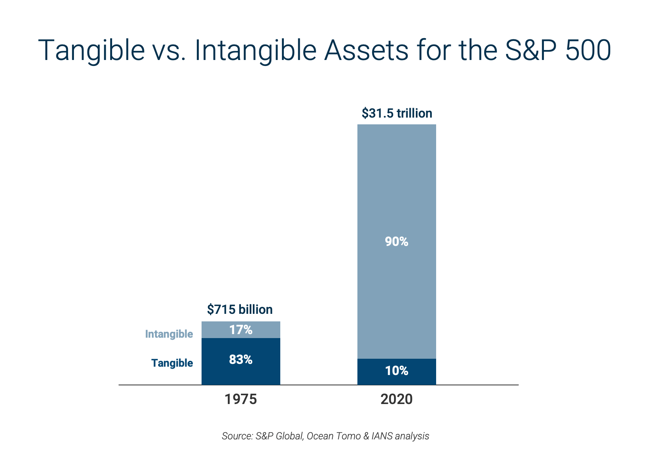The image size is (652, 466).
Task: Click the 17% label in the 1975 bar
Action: point(241,330)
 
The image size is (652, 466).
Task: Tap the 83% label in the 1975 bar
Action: point(241,360)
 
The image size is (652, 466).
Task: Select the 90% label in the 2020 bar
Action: point(396,242)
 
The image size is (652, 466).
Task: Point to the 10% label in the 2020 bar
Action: point(396,371)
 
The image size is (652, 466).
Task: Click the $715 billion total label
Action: point(240,309)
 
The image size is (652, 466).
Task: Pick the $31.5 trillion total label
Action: point(397,113)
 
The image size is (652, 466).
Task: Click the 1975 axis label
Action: point(241,399)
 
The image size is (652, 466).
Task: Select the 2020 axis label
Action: point(396,399)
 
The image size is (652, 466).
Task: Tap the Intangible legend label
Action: point(169,334)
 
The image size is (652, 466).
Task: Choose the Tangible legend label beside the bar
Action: point(172,363)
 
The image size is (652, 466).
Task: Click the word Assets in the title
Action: point(366,50)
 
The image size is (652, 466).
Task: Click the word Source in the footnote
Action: point(236,436)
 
